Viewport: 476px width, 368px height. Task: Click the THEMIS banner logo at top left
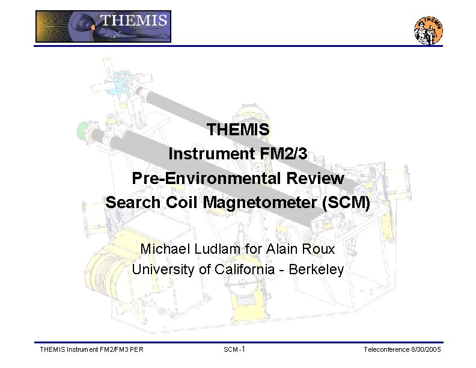point(103,26)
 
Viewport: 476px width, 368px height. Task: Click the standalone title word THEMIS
point(238,129)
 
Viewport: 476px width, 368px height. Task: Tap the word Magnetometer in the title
point(260,203)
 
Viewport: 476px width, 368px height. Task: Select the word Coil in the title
point(182,203)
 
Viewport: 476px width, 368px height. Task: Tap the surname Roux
point(319,248)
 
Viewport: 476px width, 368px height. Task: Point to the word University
point(163,269)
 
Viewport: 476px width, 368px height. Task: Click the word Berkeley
point(316,269)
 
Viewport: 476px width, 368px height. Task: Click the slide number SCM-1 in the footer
point(234,349)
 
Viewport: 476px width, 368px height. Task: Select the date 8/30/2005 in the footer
point(426,349)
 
